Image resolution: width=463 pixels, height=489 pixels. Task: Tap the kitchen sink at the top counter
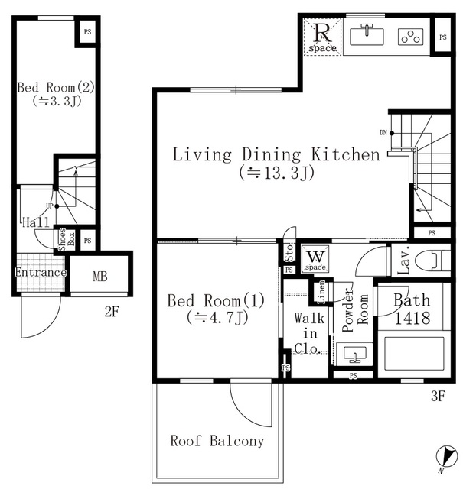point(367,35)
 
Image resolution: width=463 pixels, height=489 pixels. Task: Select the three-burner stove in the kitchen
point(411,37)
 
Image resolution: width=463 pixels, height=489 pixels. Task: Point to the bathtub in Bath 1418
point(414,354)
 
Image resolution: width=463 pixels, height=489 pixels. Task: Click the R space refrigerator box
point(322,37)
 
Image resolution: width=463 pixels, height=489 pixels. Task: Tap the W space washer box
point(315,259)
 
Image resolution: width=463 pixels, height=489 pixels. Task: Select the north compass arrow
point(447,456)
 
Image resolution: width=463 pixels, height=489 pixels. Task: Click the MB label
point(100,277)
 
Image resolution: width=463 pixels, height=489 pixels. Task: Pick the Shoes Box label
point(67,239)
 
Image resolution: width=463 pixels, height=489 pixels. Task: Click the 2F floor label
point(112,311)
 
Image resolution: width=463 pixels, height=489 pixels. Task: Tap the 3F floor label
point(438,396)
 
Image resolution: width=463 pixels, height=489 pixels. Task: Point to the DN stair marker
point(386,133)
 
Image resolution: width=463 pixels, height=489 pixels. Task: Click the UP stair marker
point(53,206)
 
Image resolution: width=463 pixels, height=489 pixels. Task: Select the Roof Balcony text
point(217,441)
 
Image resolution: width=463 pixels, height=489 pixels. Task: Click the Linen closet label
point(321,292)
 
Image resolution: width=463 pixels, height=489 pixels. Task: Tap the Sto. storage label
point(289,252)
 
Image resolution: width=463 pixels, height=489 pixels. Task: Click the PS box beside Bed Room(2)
point(88,32)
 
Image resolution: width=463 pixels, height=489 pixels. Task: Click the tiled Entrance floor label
point(41,272)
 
